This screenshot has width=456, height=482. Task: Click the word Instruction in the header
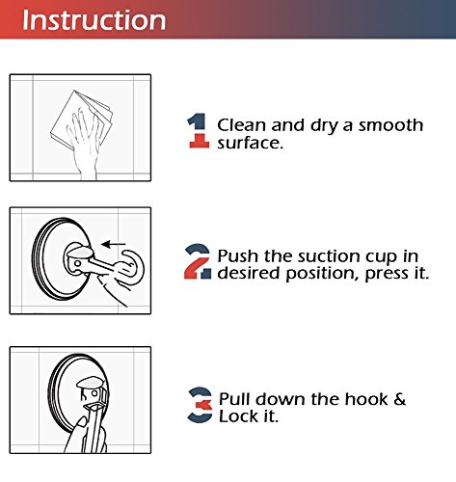click(94, 20)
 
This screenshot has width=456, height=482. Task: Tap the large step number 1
click(199, 130)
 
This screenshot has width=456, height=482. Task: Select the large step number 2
click(198, 261)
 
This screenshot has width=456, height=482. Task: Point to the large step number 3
click(200, 405)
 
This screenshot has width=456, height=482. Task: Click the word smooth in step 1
click(390, 125)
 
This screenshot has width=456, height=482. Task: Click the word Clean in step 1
click(242, 125)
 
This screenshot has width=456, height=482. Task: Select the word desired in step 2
click(249, 274)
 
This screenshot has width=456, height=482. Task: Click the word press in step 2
click(385, 274)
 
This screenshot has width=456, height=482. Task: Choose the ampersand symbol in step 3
click(399, 399)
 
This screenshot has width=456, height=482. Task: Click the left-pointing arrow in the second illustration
click(114, 244)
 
